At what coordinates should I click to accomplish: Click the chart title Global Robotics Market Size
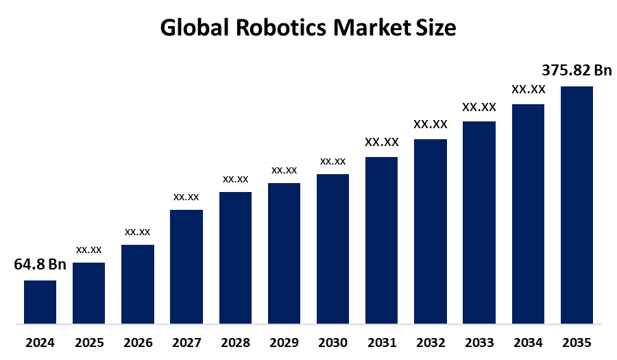308,28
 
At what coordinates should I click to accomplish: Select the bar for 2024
40,302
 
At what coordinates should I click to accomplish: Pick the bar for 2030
332,248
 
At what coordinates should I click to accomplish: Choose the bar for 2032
431,231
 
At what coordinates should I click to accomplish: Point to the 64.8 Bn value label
40,265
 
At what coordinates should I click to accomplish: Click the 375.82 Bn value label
577,71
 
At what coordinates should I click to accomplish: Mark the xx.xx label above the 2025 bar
88,249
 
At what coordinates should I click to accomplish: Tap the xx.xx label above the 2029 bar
284,169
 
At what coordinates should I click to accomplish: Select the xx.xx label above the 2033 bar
479,107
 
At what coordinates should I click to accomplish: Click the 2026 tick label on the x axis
137,342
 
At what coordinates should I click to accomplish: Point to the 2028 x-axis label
235,342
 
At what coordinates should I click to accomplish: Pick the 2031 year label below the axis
381,342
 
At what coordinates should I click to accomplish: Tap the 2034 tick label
528,342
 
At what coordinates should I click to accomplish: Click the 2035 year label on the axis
577,342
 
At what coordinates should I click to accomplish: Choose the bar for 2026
137,284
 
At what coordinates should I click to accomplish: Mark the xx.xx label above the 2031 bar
381,142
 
